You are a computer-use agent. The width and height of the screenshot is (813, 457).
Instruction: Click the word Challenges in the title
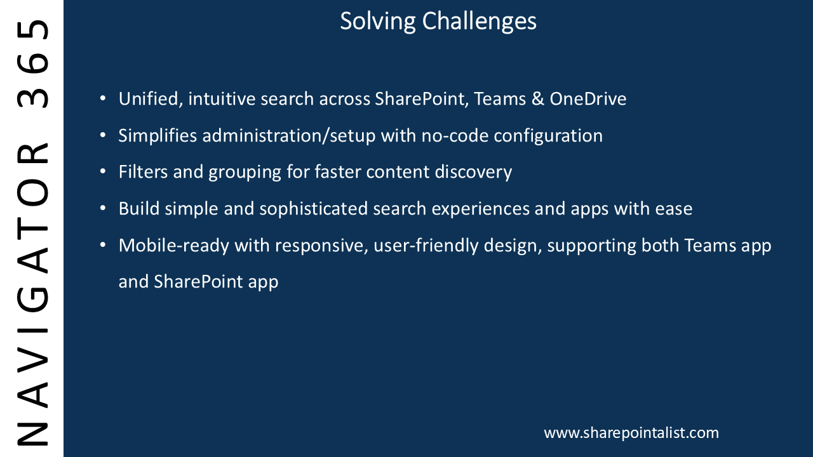tap(479, 22)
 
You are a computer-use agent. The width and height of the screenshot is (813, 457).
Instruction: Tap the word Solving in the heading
tap(378, 22)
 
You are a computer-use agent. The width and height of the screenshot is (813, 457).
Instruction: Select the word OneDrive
tap(588, 98)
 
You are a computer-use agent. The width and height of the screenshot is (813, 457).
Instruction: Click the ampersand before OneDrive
tap(538, 99)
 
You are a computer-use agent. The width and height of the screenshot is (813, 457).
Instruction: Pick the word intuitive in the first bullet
tap(222, 98)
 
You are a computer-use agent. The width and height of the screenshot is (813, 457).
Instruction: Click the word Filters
tap(144, 172)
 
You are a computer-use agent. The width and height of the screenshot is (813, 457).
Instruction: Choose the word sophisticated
tap(314, 209)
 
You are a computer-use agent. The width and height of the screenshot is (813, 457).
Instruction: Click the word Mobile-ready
tap(174, 246)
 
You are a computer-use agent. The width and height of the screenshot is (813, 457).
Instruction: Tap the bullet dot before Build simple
tap(103, 208)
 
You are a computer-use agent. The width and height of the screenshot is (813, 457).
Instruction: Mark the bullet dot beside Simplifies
tap(103, 135)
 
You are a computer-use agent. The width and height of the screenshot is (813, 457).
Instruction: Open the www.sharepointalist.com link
tap(631, 433)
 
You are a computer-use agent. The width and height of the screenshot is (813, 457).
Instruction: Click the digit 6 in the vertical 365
tap(32, 63)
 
